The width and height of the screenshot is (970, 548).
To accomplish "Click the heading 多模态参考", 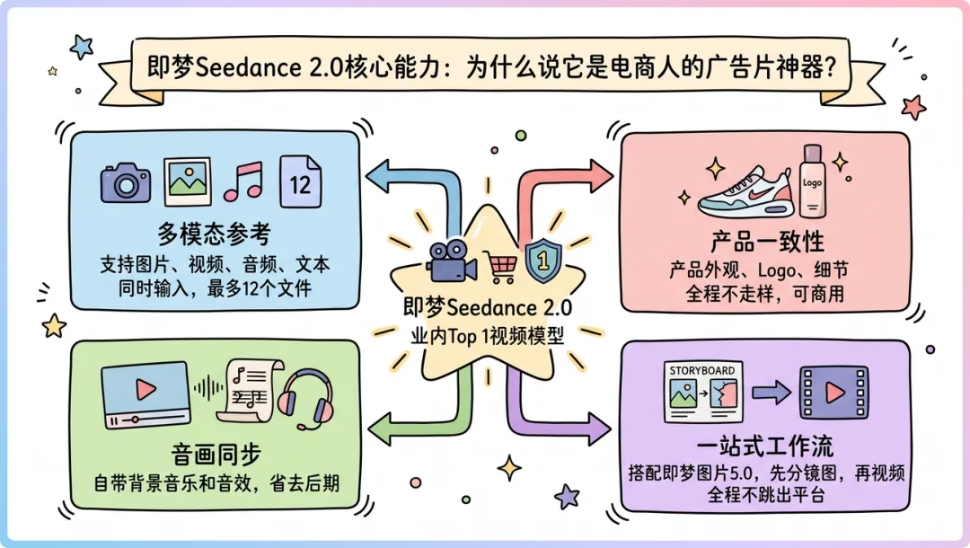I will tap(215, 234).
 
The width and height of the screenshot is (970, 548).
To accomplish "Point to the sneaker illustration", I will tap(743, 190).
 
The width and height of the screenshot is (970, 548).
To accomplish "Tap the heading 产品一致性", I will tap(767, 242).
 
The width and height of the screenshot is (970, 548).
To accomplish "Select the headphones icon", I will tap(305, 401).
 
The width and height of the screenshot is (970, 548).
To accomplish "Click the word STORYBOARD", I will tap(702, 370).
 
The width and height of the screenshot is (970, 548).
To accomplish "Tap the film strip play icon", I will tap(834, 393).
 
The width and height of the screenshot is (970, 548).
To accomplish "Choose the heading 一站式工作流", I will tap(767, 446).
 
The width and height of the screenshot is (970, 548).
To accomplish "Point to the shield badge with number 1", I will tap(542, 261).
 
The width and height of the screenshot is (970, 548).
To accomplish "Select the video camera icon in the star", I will tap(450, 263).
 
